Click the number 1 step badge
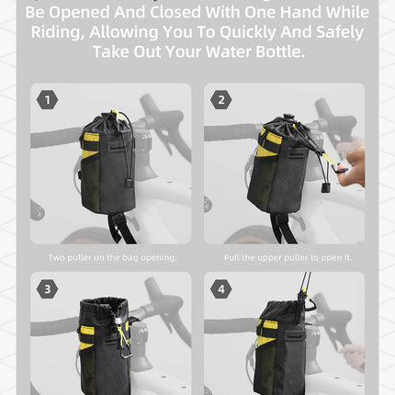pos(48,99)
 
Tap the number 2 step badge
pos(220,99)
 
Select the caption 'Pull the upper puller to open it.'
pos(284,257)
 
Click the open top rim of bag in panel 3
pos(104,306)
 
